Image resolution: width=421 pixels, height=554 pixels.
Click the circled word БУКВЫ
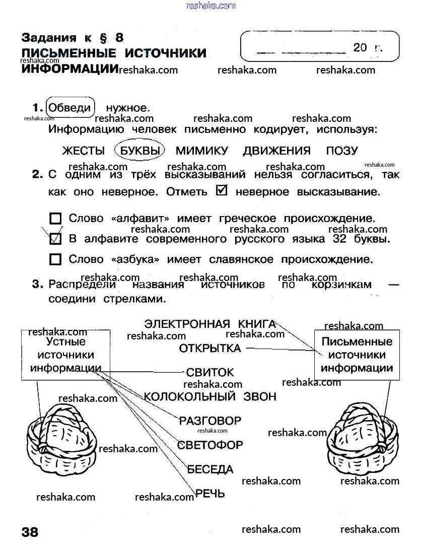140,151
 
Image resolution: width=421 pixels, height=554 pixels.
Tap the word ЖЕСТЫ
83,151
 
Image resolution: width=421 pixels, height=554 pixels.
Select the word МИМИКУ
201,151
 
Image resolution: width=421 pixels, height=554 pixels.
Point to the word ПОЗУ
342,151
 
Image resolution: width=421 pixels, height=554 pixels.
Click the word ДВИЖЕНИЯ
276,151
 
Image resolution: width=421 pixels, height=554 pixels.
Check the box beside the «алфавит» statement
55,219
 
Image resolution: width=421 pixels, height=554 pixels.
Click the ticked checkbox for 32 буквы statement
55,239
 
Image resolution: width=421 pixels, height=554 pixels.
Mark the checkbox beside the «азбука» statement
55,260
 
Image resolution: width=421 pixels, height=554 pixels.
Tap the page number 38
30,532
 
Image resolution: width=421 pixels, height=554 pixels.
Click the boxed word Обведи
71,107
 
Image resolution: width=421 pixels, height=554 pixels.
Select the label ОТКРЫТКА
210,349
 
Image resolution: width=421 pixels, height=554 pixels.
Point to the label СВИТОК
210,373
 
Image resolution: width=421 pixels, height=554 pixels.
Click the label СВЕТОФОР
210,445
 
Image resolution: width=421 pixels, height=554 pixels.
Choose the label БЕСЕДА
210,469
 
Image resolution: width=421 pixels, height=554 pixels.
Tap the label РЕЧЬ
210,494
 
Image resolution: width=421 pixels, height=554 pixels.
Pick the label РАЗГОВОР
210,421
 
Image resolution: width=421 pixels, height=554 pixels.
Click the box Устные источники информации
65,355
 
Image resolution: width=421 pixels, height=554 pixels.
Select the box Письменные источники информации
357,355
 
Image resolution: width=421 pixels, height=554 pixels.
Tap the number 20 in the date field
360,48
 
